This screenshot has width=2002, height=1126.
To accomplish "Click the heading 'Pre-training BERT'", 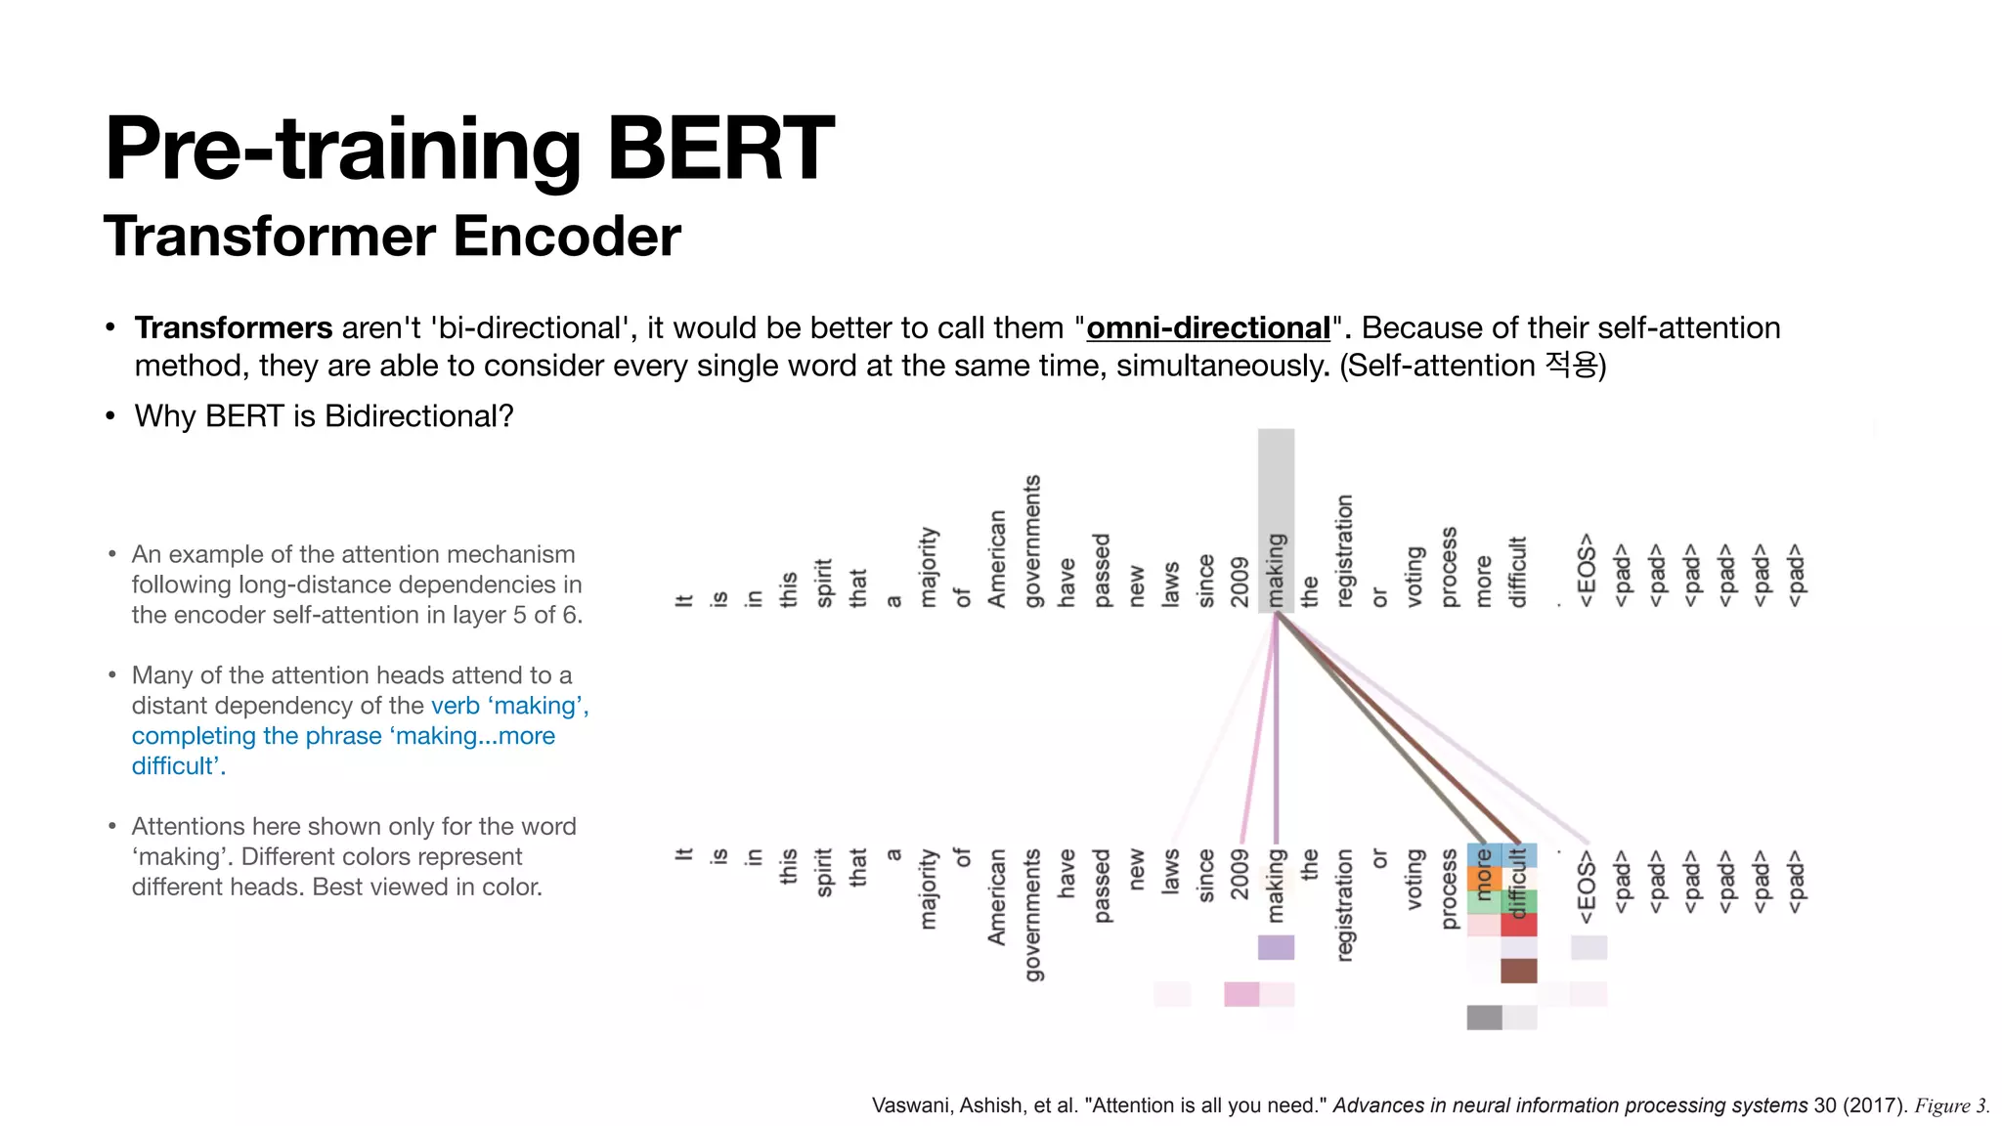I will click(469, 149).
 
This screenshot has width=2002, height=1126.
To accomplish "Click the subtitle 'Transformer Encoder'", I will click(392, 237).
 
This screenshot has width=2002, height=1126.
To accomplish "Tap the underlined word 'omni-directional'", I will click(1207, 328).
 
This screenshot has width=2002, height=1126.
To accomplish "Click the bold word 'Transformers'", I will click(234, 328).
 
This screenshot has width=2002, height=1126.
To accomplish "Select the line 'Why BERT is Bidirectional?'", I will click(324, 416).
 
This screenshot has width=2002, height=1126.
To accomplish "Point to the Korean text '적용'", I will click(1570, 366).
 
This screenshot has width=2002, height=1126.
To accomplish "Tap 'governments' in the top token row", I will click(1032, 541).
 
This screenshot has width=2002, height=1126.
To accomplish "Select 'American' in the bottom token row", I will click(997, 896).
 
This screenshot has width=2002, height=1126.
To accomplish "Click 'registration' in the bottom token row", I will click(1345, 904).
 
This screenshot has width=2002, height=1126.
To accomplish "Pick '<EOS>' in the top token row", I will click(1587, 569).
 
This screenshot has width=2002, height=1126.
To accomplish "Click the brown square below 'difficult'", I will click(1518, 971).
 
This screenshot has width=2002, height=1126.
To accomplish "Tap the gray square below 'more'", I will click(1484, 1018).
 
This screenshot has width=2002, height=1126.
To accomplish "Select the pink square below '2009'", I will click(1241, 994).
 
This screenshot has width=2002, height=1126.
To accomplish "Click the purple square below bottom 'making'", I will click(1276, 947).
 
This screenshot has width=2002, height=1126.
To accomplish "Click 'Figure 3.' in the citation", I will click(1951, 1105).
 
